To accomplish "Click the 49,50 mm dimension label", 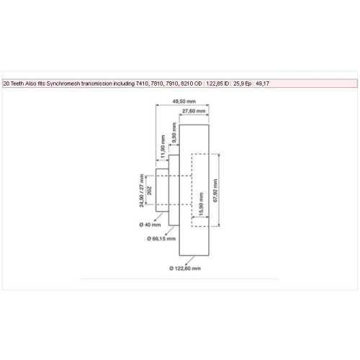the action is click(x=184, y=102).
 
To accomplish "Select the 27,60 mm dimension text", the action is click(x=194, y=111).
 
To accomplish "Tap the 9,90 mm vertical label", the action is click(x=174, y=132).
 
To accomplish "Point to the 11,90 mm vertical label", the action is click(x=163, y=146).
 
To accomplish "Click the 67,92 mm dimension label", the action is click(x=215, y=190).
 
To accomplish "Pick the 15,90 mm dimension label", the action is click(x=201, y=204).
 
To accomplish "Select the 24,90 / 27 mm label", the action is click(x=142, y=190).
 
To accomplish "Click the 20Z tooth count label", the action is click(x=149, y=190).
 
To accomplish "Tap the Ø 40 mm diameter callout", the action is click(x=150, y=225).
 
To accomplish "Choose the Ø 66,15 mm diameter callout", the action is click(x=161, y=238).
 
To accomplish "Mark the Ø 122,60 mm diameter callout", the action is click(x=185, y=269).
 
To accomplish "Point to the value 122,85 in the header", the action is click(x=215, y=84).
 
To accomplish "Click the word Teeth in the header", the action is click(x=17, y=84).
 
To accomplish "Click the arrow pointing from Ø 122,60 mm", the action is click(x=189, y=261).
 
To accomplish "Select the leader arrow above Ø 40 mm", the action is click(x=158, y=217).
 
